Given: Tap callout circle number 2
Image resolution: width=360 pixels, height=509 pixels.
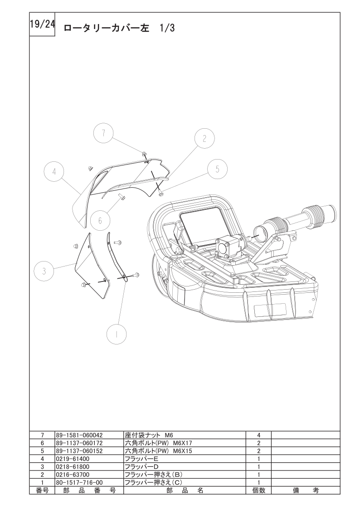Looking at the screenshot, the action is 204,139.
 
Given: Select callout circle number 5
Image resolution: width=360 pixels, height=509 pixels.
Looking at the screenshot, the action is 218,169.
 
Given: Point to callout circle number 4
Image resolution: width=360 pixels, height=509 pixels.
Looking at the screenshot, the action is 54,172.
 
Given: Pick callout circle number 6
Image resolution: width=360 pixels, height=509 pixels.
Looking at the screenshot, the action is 100,220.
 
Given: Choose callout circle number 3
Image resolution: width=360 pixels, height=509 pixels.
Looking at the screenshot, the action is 44,271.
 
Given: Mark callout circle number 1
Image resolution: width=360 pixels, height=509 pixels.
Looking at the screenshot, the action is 117,334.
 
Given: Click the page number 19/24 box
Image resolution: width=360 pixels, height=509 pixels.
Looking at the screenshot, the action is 42,24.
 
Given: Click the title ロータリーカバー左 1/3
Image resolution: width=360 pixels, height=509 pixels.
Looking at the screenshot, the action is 119,28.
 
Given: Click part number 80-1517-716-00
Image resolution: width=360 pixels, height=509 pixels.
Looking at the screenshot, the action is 79,482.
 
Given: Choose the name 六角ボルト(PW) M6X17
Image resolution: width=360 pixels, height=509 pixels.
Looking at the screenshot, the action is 161,443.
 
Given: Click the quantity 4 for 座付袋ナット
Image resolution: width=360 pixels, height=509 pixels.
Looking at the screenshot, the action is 259,435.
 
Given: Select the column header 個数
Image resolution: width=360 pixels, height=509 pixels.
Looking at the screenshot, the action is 259,490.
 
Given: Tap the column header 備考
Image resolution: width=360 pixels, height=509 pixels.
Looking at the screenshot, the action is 306,490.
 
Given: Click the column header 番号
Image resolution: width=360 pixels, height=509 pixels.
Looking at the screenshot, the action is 42,490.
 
